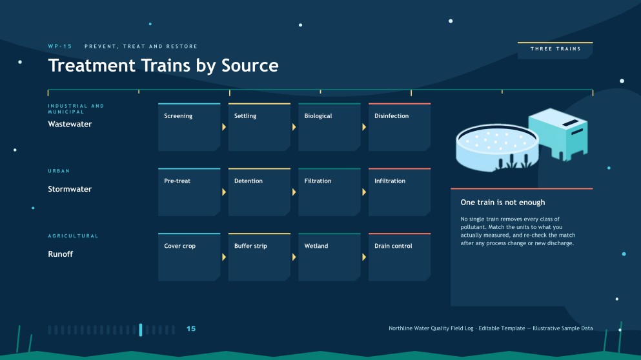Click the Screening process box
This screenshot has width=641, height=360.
tap(189, 127)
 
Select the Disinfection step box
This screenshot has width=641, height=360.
tap(400, 127)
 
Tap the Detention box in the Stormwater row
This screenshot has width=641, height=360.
tap(259, 192)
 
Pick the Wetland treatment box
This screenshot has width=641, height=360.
tap(329, 257)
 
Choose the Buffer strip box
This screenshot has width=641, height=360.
tap(259, 257)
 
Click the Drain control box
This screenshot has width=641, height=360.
tap(400, 257)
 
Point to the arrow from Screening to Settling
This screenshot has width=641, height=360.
tap(224, 127)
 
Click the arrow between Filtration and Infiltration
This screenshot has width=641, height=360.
tap(364, 192)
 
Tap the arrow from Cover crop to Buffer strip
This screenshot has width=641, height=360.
tap(224, 257)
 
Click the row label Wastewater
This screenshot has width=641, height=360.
tap(70, 125)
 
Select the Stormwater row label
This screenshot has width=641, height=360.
tap(70, 189)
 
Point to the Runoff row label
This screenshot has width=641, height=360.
tap(61, 254)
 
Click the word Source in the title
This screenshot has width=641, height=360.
tap(250, 65)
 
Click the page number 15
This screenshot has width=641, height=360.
tap(191, 328)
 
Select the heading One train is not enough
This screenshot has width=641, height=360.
tap(503, 203)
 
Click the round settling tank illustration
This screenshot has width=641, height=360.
tap(497, 148)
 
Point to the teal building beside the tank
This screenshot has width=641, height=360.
tap(558, 133)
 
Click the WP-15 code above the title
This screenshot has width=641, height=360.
tap(60, 46)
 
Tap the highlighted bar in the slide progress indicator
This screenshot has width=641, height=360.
tap(141, 330)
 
